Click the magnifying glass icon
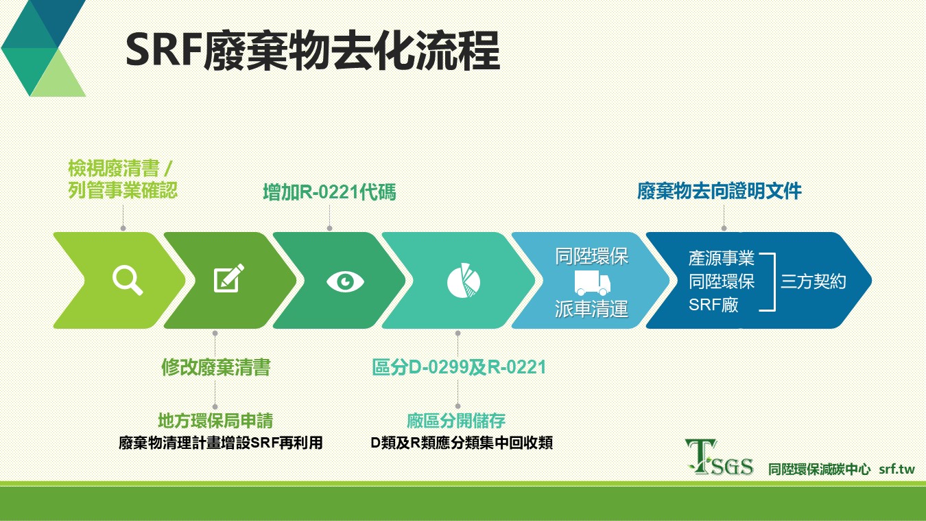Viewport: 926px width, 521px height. [x=128, y=281]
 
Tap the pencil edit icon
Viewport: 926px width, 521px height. [x=228, y=278]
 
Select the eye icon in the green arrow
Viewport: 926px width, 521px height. [x=345, y=282]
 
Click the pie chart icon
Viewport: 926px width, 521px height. [x=464, y=280]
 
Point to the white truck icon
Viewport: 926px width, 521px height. [x=593, y=283]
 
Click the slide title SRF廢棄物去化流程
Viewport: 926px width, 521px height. [x=313, y=51]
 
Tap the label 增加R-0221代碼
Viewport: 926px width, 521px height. [x=329, y=192]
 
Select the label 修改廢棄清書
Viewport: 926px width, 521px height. [x=215, y=367]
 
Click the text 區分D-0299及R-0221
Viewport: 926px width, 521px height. [x=459, y=367]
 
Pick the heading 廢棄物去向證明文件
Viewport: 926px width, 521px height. [x=720, y=192]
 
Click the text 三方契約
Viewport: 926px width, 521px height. [x=813, y=282]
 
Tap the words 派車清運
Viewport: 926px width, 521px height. [x=591, y=309]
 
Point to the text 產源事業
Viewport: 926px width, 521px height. [x=722, y=258]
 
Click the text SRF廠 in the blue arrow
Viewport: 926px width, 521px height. [x=713, y=305]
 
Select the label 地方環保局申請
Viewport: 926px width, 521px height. [x=215, y=421]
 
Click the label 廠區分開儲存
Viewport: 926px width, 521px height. [x=456, y=421]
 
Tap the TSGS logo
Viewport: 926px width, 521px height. [x=720, y=457]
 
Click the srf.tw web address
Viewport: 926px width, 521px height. [x=897, y=470]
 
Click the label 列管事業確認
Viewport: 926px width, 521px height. [x=123, y=190]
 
